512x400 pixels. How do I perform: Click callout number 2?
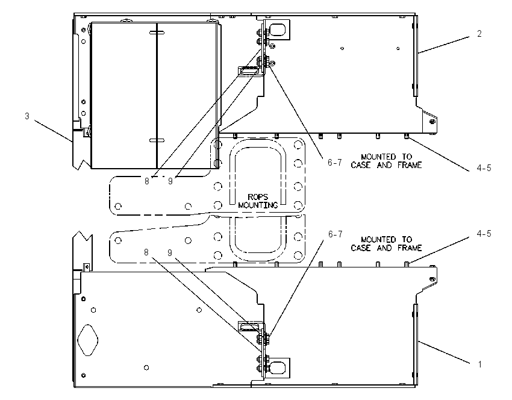[479, 34]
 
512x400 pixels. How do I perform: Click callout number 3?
[27, 116]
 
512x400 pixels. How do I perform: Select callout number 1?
[479, 364]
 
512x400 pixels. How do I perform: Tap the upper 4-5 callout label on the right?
[484, 168]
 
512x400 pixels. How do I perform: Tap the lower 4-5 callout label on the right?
[484, 234]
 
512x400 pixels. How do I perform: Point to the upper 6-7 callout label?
[335, 162]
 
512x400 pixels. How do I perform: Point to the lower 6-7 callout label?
[336, 234]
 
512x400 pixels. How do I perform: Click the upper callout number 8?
[147, 181]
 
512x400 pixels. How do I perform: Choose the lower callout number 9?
[170, 253]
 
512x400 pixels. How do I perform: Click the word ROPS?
[258, 197]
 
